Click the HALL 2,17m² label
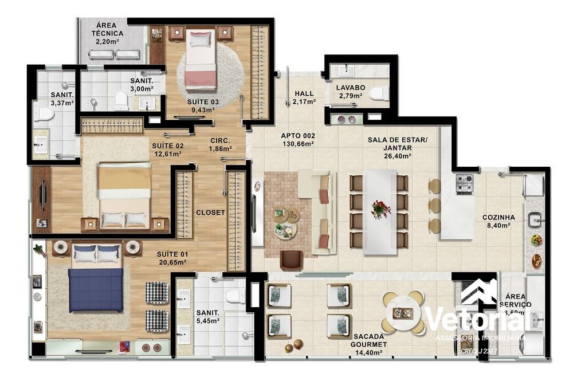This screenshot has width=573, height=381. pos(304,97)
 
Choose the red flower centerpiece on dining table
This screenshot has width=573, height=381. pos(380,209)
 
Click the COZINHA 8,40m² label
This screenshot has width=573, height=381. pos(498,222)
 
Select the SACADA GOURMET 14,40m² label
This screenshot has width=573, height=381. pos(370,340)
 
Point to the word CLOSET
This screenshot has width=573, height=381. pos(210,212)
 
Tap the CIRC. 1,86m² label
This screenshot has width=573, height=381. pos(221,144)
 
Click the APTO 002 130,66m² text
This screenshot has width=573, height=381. pos(297,140)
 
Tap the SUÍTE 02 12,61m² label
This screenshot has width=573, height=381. pos(166,149)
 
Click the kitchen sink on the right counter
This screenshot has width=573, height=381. pos(536,219)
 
